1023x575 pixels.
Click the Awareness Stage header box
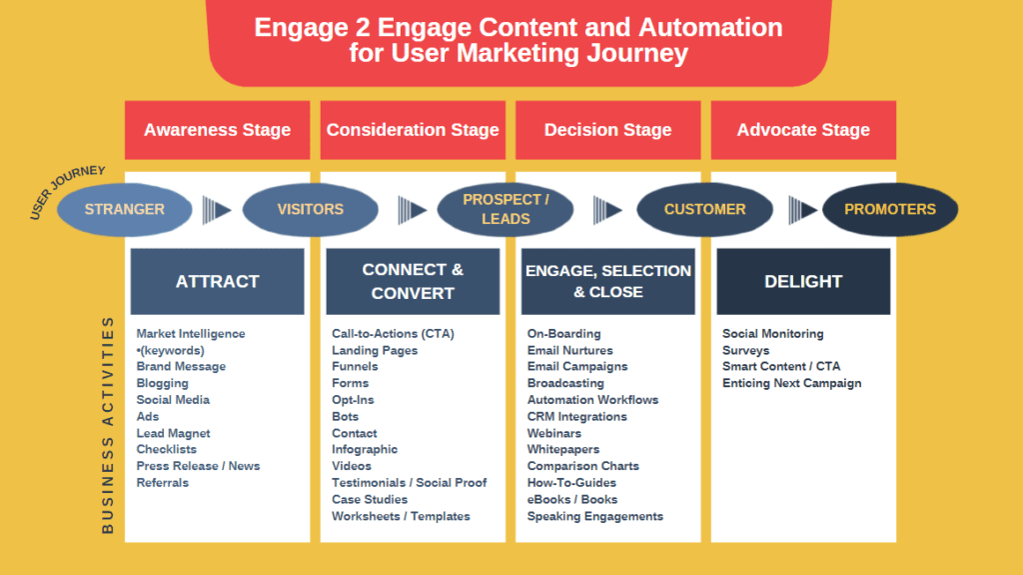(x=217, y=130)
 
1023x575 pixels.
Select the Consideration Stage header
(x=413, y=130)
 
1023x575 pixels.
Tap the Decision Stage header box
(x=607, y=130)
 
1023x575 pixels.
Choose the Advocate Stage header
(x=803, y=130)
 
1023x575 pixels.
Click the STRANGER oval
(x=125, y=209)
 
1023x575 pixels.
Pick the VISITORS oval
(x=310, y=209)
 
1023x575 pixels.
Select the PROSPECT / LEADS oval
(x=506, y=209)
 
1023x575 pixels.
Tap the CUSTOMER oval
(x=704, y=209)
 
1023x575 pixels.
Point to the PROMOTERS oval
(x=890, y=209)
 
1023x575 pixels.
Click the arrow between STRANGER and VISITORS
(x=216, y=209)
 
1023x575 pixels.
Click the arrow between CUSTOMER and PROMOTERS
(x=802, y=209)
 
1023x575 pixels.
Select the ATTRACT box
(x=217, y=282)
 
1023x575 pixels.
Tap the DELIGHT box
(x=803, y=282)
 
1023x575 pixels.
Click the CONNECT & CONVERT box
(x=413, y=282)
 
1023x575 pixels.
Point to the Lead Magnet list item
(x=173, y=433)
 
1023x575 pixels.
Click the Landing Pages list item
(x=375, y=350)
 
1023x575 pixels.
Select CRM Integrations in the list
(x=576, y=416)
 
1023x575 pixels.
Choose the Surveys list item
(x=745, y=350)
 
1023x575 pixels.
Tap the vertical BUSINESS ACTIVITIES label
(x=108, y=425)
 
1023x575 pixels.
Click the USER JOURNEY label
(x=67, y=192)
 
